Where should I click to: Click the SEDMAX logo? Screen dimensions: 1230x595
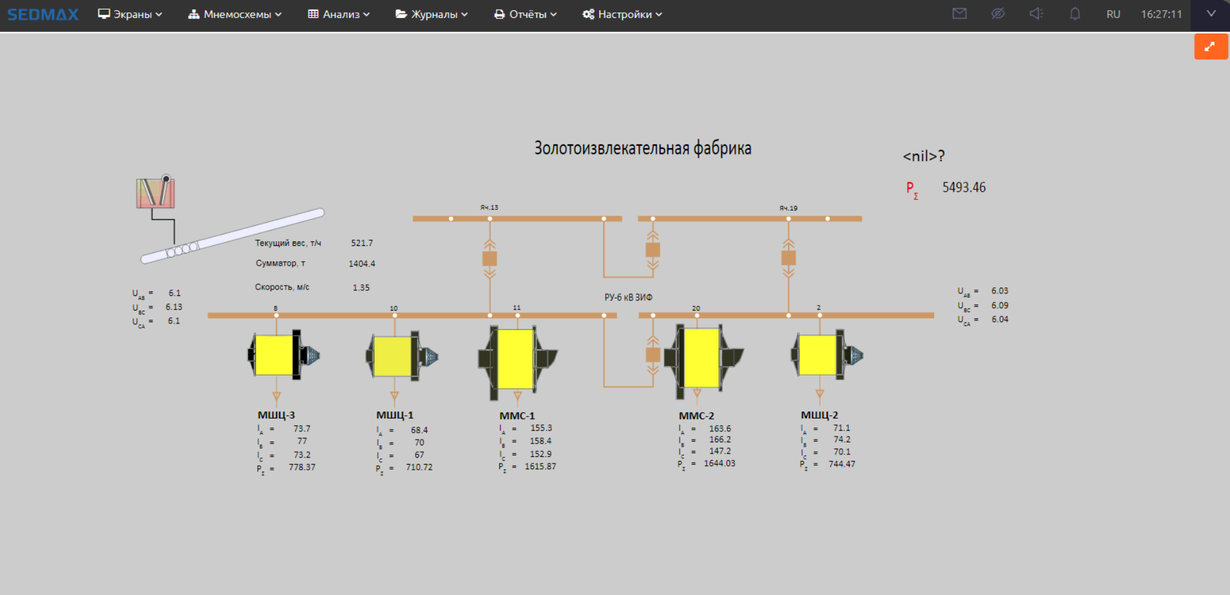[x=42, y=14]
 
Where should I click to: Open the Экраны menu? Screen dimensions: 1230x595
[x=130, y=14]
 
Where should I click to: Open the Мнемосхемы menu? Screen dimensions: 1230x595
[x=235, y=14]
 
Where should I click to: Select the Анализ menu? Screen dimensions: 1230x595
[x=339, y=14]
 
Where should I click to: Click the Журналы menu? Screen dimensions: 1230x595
[x=432, y=14]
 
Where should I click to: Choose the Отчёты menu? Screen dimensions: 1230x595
[x=525, y=14]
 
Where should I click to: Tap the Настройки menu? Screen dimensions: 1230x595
[x=622, y=14]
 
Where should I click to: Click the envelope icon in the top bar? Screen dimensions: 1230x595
[x=959, y=13]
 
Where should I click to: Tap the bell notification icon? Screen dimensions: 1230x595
[x=1075, y=13]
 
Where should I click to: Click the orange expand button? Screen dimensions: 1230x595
[x=1211, y=47]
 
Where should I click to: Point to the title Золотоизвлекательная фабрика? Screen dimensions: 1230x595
[x=643, y=148]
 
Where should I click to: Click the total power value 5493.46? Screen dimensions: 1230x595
[x=964, y=187]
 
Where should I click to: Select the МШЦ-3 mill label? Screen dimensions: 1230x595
[x=277, y=415]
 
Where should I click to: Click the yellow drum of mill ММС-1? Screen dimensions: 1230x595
[x=515, y=359]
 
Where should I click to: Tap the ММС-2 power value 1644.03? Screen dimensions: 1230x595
[x=719, y=463]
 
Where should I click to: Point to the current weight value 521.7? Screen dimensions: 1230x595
[x=362, y=243]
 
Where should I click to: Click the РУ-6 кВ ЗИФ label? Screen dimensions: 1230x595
[x=628, y=297]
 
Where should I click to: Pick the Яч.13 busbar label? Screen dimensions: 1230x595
[x=489, y=207]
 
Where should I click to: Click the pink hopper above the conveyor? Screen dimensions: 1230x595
[x=155, y=193]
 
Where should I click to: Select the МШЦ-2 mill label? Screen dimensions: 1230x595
[x=819, y=415]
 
